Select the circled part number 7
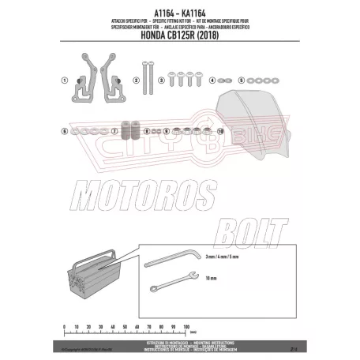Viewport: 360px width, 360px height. click(114, 129)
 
